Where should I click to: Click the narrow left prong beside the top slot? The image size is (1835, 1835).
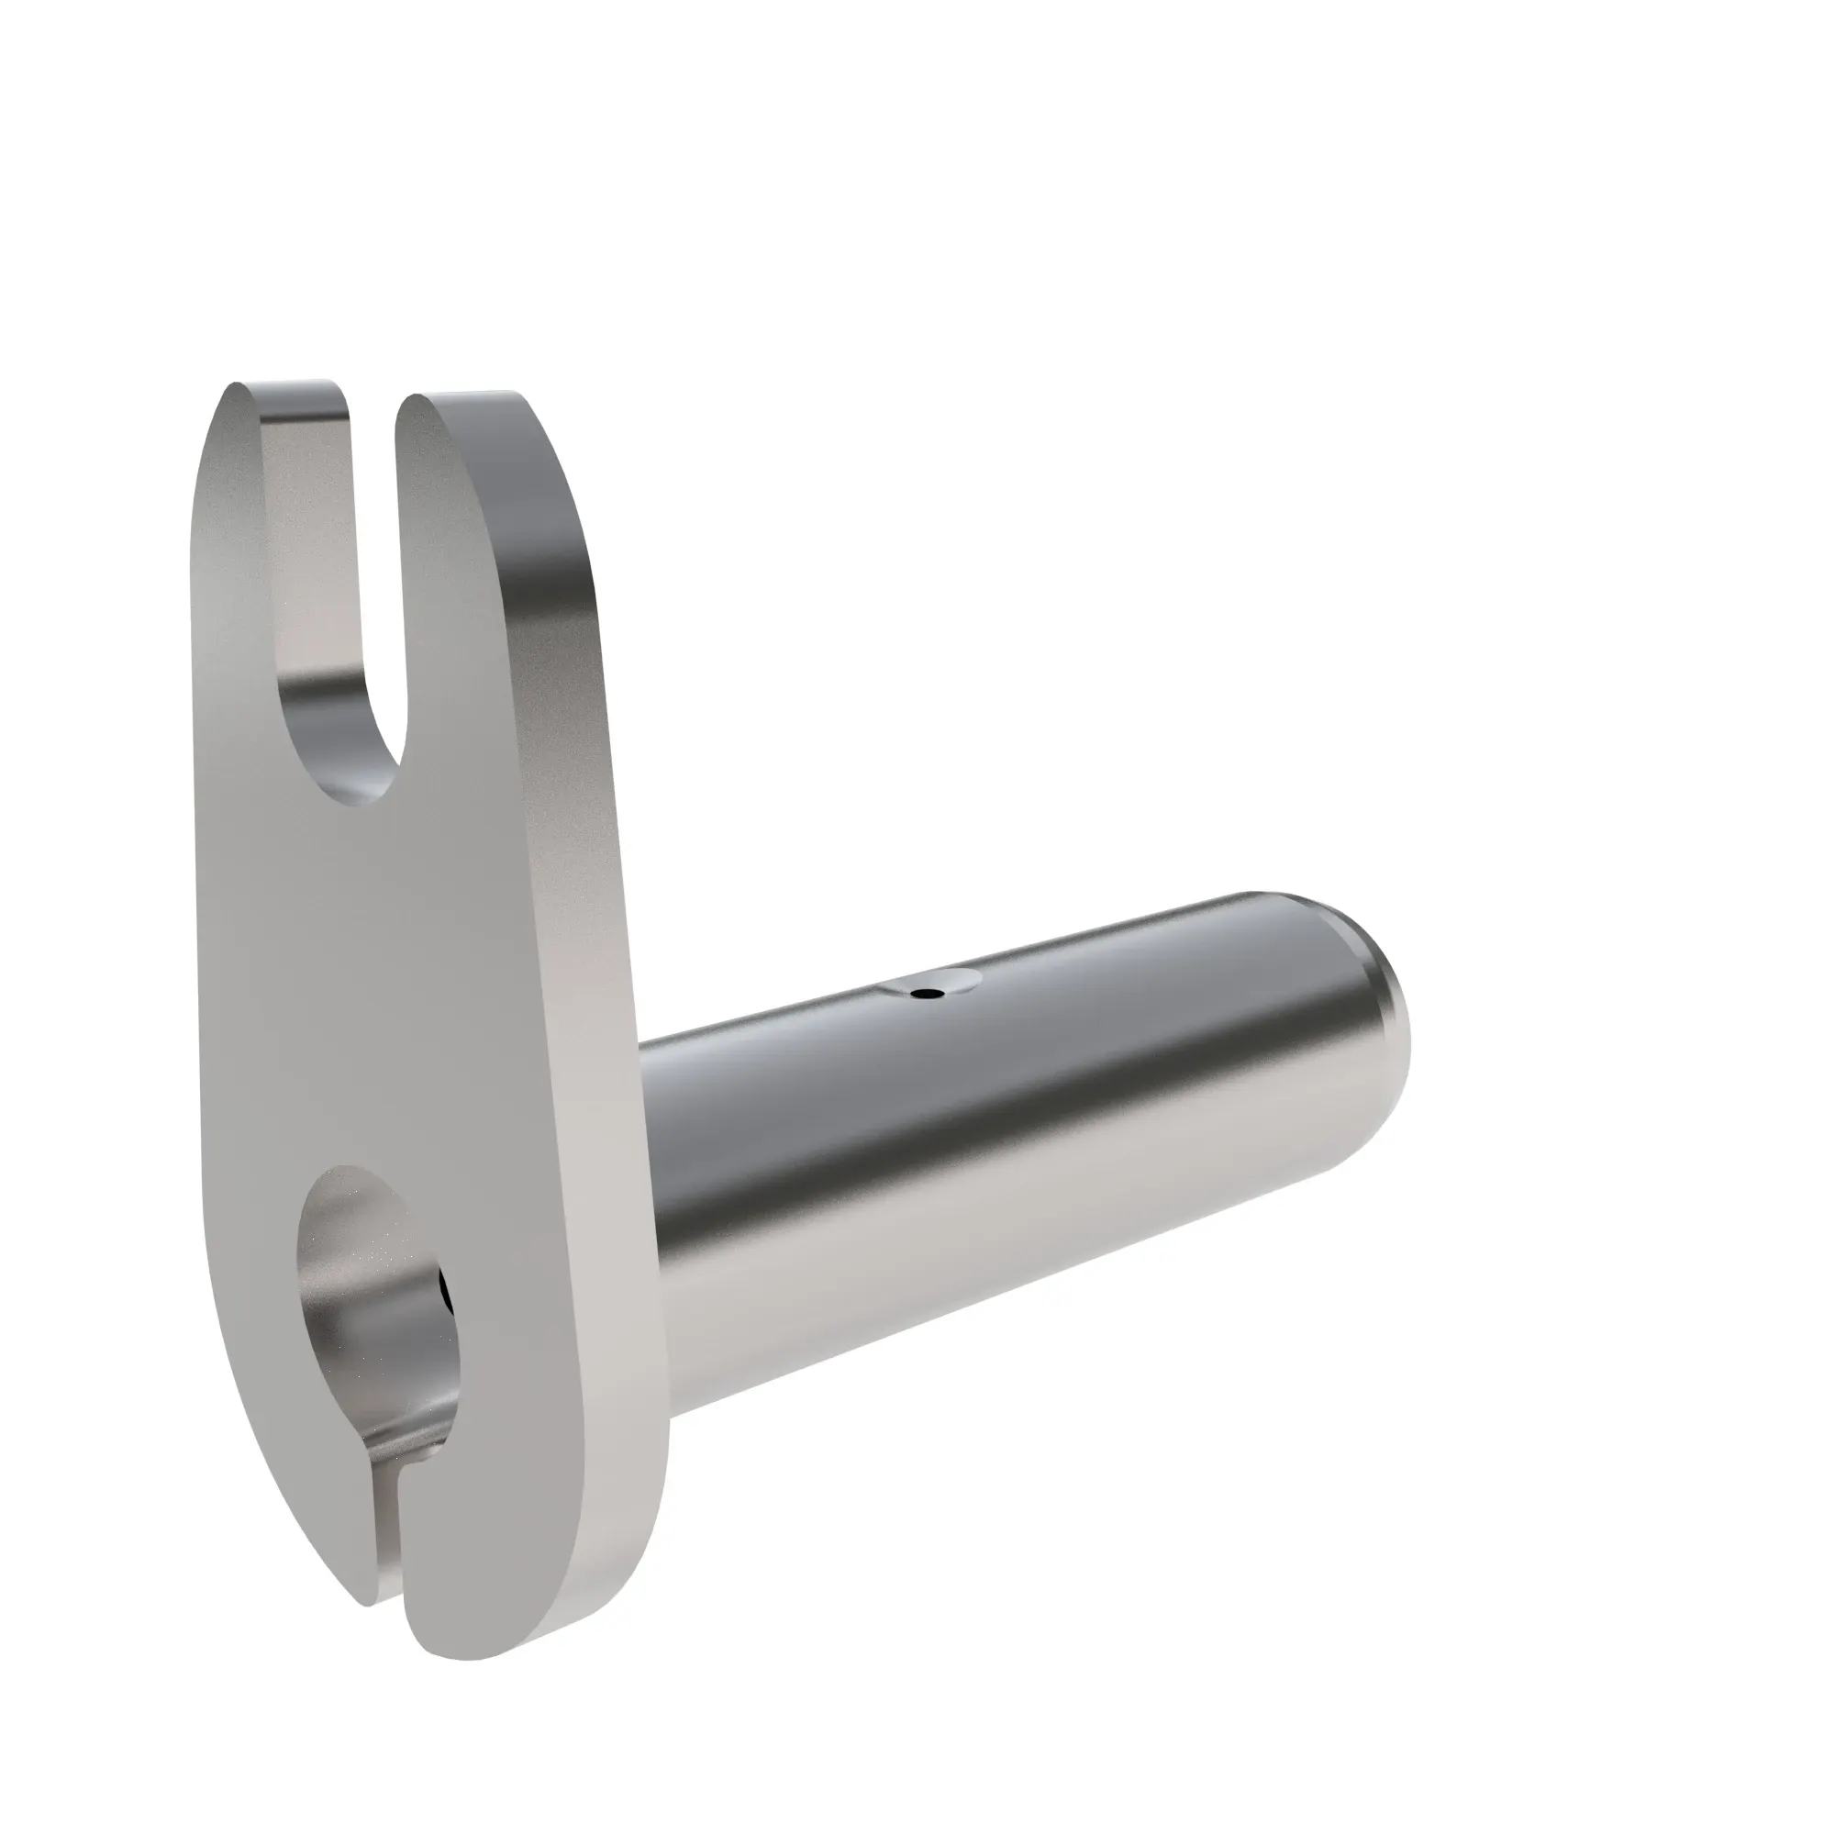click(x=238, y=570)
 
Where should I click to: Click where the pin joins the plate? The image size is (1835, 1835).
click(x=655, y=1235)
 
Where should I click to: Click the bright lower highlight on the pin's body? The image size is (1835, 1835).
click(x=950, y=1263)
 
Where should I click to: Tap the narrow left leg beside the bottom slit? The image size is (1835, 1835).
click(x=314, y=1519)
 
